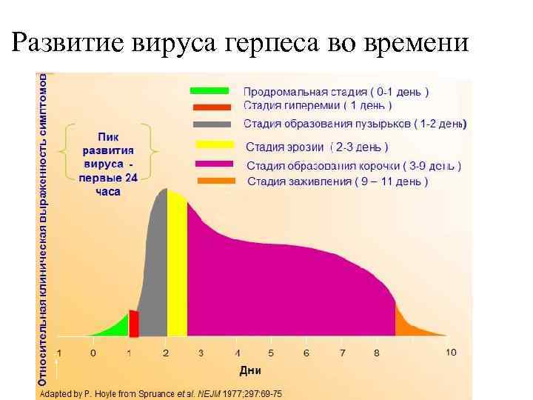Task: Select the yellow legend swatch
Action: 215,145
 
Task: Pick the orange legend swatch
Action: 215,181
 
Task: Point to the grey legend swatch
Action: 215,123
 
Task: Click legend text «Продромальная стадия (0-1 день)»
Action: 336,92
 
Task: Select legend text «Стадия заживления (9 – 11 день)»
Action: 337,181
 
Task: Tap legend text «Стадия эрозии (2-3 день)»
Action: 316,147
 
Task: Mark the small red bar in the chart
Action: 134,324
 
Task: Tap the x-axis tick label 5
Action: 271,353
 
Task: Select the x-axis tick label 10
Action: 451,352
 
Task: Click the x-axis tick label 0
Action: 93,353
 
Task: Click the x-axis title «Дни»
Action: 250,370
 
